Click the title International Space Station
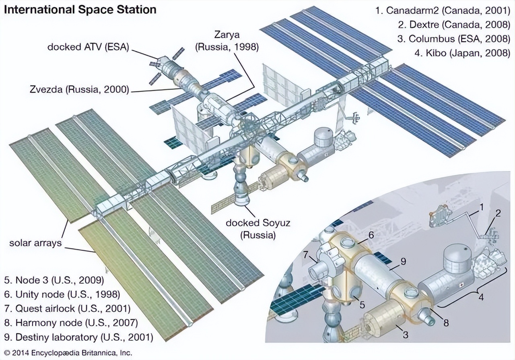click(80, 9)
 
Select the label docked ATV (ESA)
click(88, 47)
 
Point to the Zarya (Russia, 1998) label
click(227, 41)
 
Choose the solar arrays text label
click(36, 242)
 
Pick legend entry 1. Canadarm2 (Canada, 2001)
click(443, 10)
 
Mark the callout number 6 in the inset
click(371, 234)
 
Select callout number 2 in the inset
click(498, 214)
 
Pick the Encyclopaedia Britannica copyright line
click(66, 354)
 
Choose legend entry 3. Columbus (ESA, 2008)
click(454, 39)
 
